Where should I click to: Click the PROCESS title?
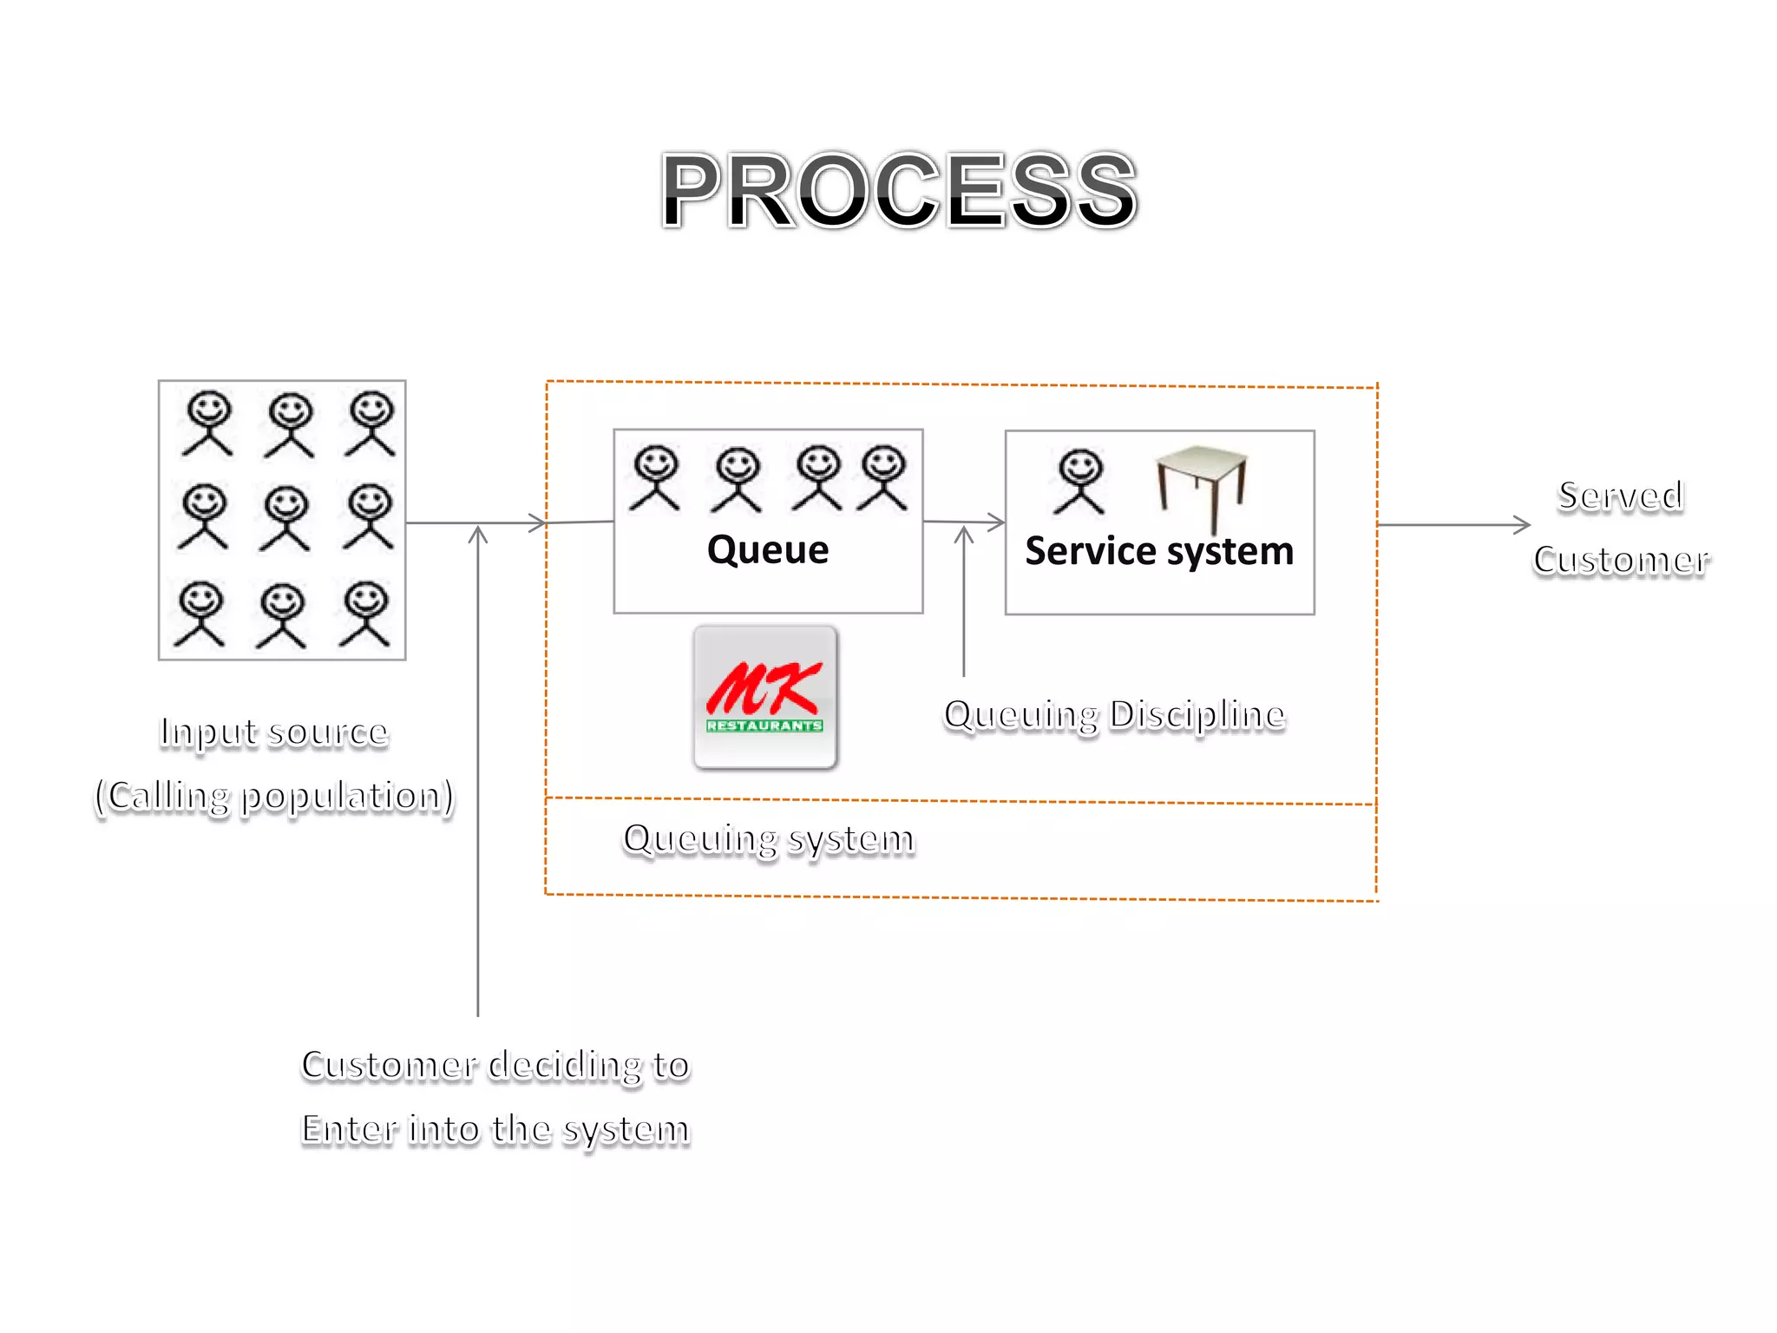pos(898,191)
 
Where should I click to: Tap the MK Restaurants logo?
pos(765,697)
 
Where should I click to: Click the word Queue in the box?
pos(768,550)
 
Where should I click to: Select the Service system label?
pos(1159,552)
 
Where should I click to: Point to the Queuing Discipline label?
pos(1114,715)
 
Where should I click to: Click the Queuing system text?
pos(769,839)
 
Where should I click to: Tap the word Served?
pos(1621,496)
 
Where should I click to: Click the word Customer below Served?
pos(1621,560)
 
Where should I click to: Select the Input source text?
pos(274,732)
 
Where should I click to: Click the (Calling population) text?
pos(274,797)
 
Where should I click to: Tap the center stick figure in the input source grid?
pos(285,518)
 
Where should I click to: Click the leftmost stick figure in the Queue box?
pos(655,478)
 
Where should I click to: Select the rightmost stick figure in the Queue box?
pos(883,478)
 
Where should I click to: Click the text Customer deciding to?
pos(495,1066)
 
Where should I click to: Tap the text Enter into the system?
pos(495,1129)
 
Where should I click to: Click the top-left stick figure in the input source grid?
pos(208,424)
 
